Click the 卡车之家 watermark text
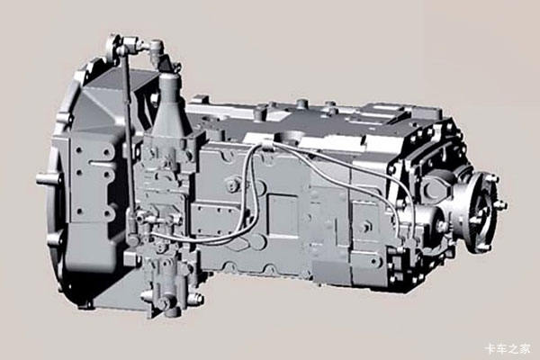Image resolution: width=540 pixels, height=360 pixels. [508, 349]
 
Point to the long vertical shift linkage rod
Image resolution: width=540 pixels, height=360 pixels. [129, 138]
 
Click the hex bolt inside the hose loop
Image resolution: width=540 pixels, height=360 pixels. [233, 185]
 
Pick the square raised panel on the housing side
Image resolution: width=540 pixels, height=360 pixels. [283, 214]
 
